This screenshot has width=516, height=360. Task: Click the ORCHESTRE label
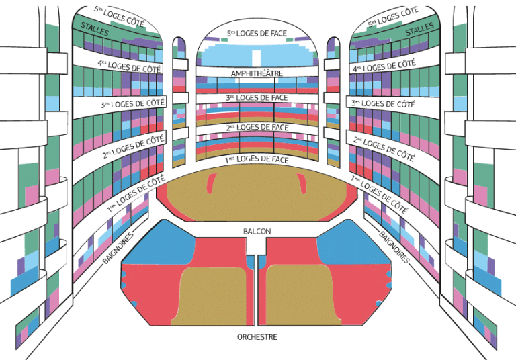(257, 337)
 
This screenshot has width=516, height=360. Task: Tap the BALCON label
(257, 231)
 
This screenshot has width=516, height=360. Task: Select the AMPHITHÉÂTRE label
(257, 73)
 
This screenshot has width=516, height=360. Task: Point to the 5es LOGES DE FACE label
(257, 33)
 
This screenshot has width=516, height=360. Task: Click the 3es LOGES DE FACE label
(257, 98)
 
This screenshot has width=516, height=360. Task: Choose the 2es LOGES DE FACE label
(257, 128)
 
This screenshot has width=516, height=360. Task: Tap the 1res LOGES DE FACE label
(257, 160)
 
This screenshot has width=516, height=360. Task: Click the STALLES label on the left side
(95, 29)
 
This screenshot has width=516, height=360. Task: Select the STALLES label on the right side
(419, 29)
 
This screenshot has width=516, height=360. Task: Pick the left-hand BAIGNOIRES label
(118, 248)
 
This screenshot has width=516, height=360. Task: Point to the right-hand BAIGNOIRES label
(394, 247)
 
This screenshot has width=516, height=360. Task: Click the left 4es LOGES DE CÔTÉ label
(129, 66)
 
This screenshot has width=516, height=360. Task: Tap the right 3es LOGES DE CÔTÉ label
(383, 103)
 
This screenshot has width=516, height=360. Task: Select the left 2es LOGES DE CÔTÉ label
(133, 146)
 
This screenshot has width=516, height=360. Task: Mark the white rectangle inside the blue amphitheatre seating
(257, 58)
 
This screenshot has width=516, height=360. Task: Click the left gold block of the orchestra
(210, 296)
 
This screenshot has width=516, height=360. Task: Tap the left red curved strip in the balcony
(212, 183)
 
